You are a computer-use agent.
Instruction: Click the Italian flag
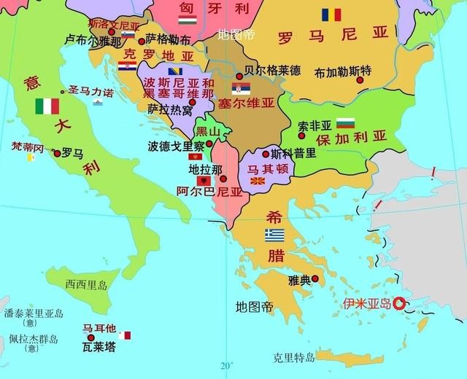(x=47, y=106)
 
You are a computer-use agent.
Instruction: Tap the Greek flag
(x=274, y=235)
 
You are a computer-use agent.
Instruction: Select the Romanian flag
(x=332, y=15)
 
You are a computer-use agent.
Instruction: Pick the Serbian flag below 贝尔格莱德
(x=242, y=89)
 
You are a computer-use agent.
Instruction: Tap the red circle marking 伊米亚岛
(x=399, y=303)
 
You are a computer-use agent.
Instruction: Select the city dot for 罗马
(x=57, y=153)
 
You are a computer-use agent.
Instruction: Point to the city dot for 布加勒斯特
(x=360, y=79)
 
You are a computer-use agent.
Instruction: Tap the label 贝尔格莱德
(x=272, y=71)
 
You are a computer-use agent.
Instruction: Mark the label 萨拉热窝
(x=170, y=109)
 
